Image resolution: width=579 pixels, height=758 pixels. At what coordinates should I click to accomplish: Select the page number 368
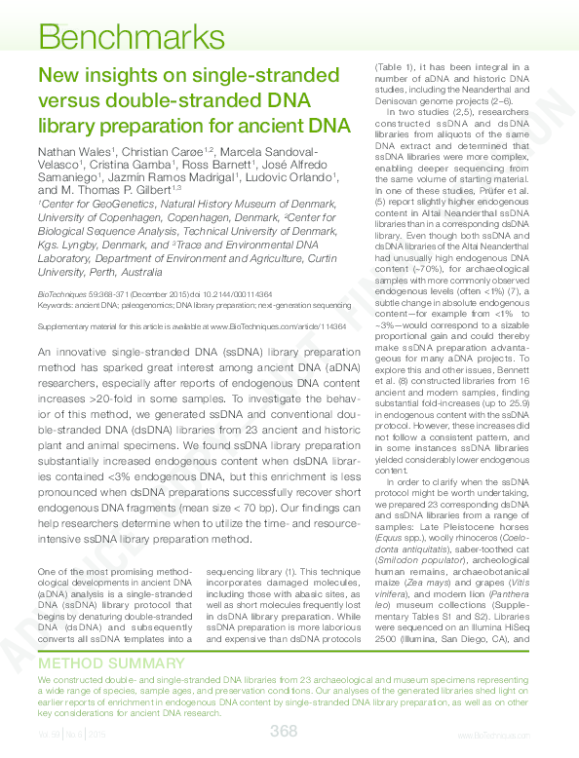click(x=284, y=730)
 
